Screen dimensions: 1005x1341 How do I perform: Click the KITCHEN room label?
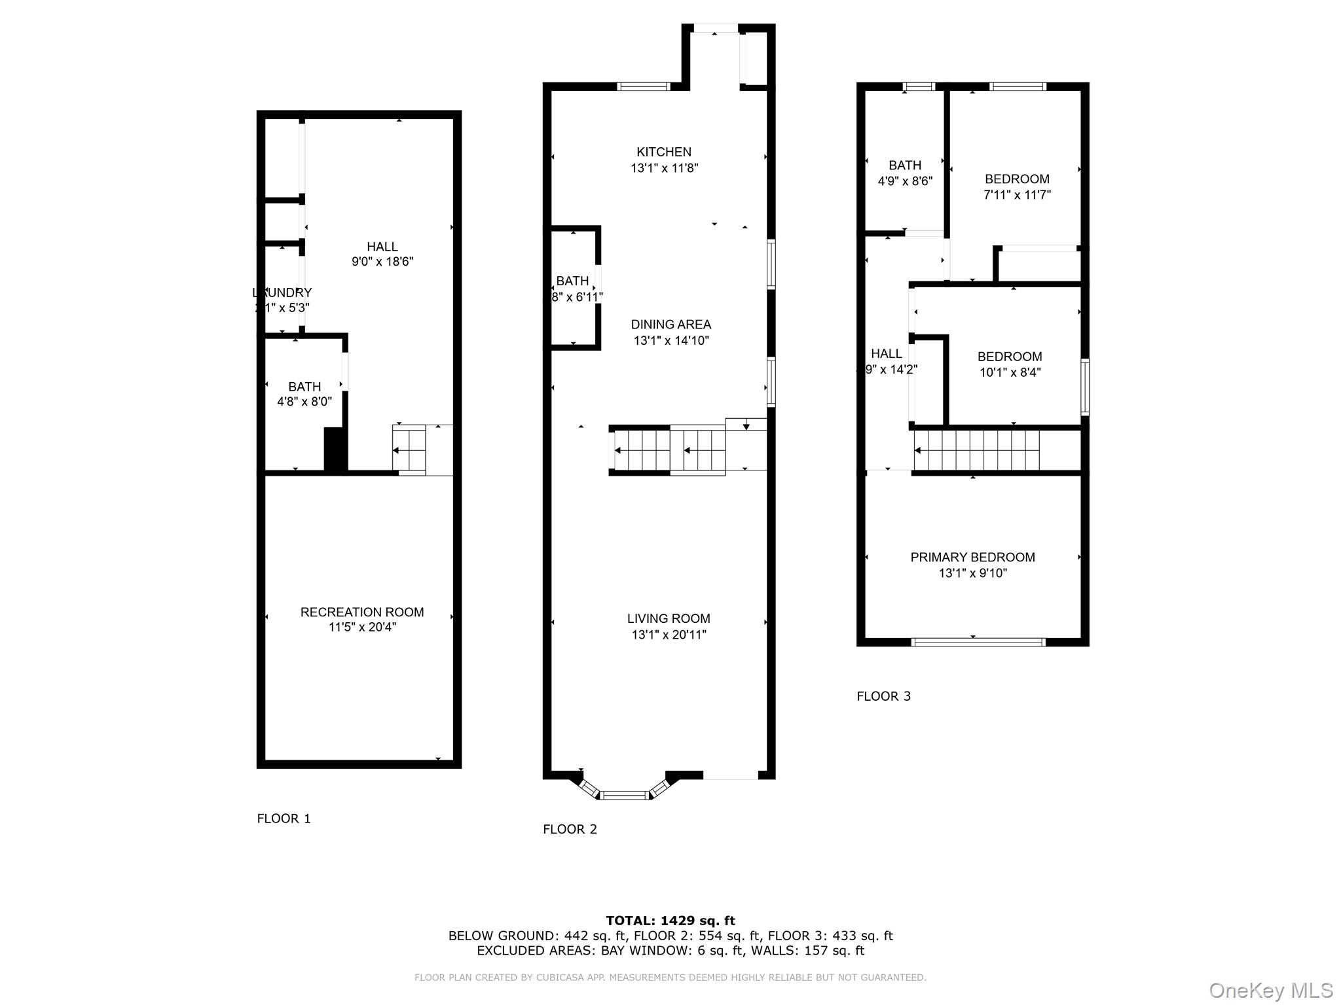click(x=664, y=152)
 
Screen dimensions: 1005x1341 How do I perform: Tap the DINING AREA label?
click(x=670, y=325)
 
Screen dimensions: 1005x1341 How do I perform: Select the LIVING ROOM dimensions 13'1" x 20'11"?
click(x=669, y=634)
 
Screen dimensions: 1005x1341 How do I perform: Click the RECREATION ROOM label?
click(x=362, y=612)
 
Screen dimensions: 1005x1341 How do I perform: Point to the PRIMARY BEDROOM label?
click(x=972, y=557)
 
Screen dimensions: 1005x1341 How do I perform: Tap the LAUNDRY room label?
click(x=282, y=292)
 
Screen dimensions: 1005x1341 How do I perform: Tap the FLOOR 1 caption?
click(x=284, y=819)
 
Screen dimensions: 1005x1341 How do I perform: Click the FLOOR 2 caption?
click(x=570, y=829)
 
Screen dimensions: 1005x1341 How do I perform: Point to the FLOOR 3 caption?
click(x=883, y=696)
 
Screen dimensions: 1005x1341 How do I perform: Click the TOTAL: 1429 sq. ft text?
click(x=670, y=921)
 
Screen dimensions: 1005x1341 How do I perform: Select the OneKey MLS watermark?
click(x=1270, y=990)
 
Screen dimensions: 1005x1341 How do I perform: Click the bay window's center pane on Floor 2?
click(x=624, y=795)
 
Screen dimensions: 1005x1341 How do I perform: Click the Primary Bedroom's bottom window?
click(x=978, y=642)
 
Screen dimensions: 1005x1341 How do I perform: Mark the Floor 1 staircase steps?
click(x=409, y=450)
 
